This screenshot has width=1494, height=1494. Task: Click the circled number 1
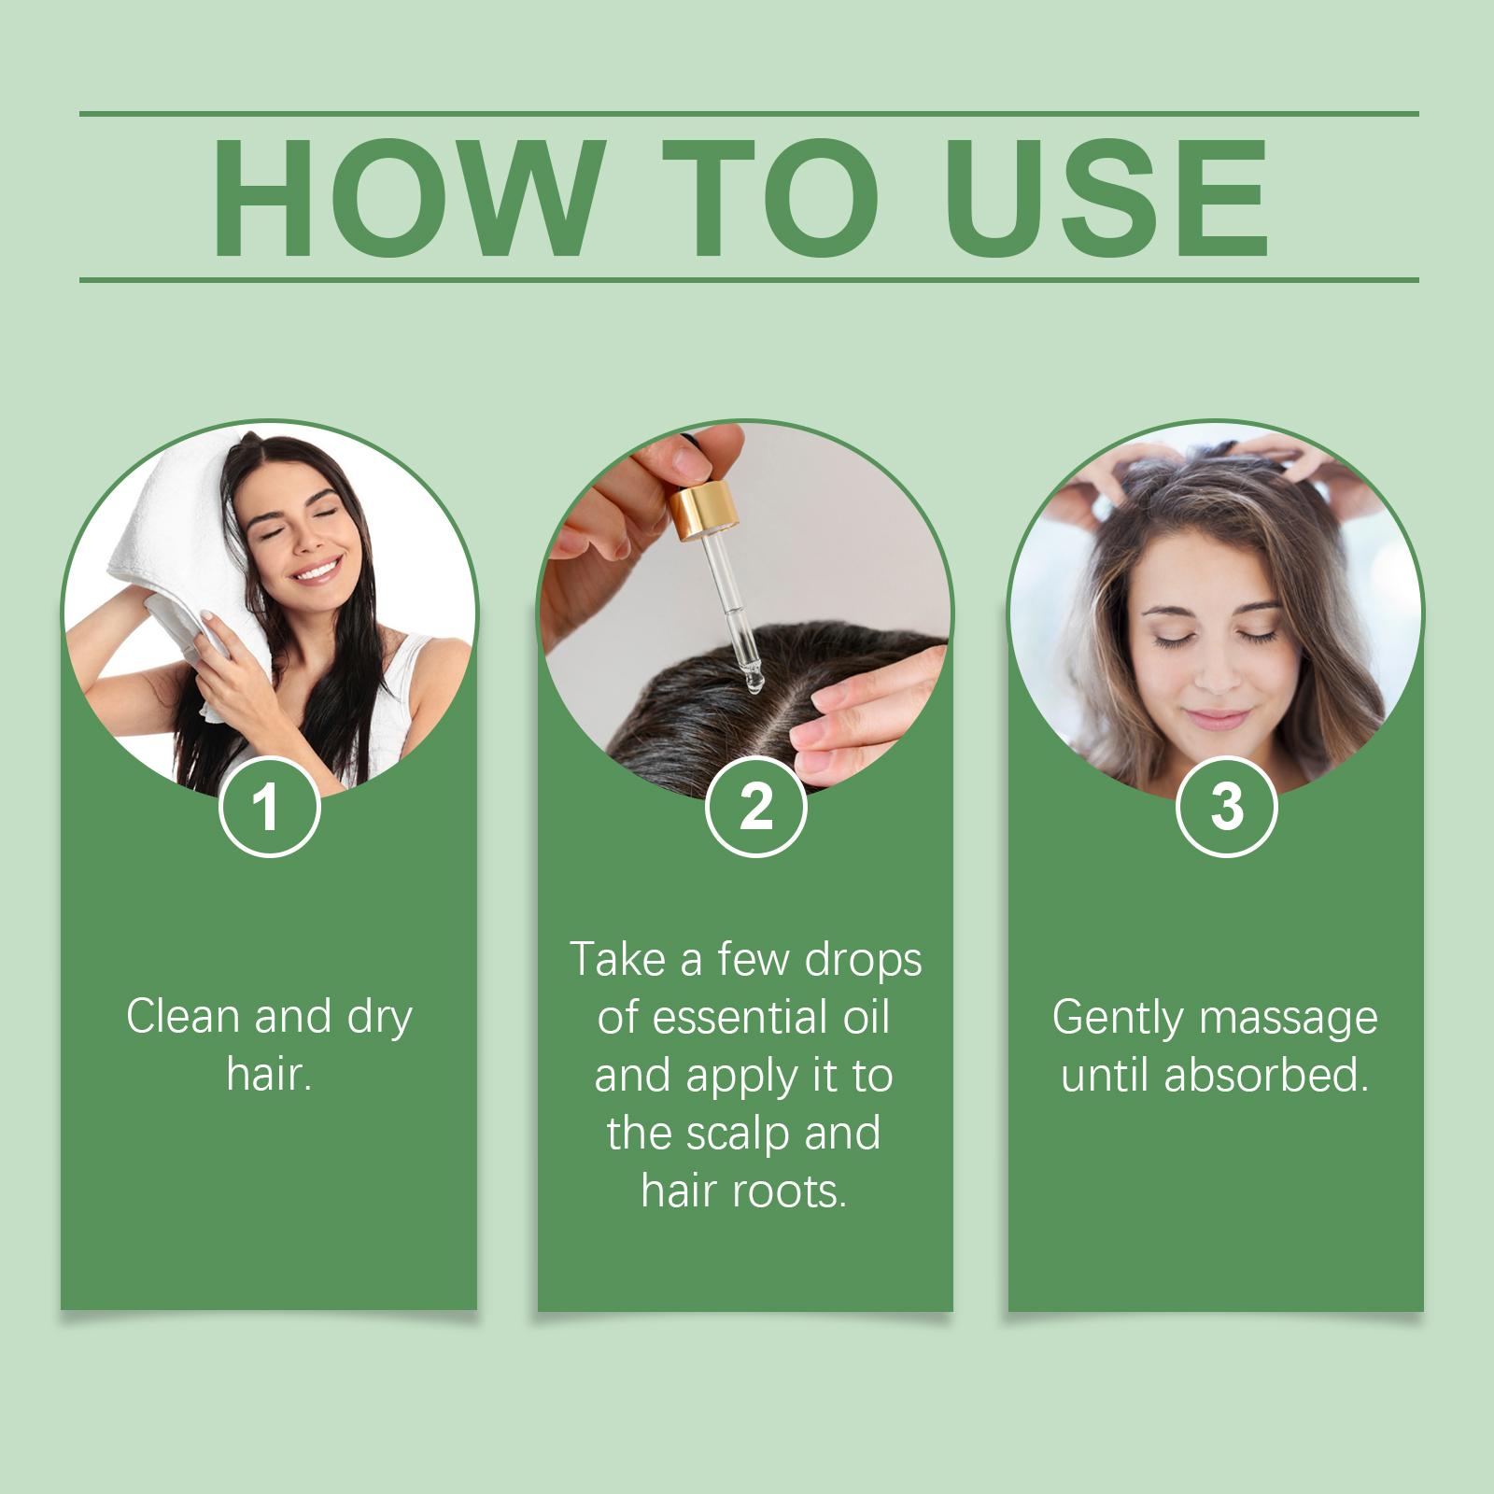coord(269,808)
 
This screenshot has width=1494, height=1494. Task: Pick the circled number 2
coord(755,808)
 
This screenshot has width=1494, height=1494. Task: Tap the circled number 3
coord(1226,808)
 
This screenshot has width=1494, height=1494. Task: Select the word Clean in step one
coord(184,1017)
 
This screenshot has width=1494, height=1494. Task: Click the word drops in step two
coord(864,959)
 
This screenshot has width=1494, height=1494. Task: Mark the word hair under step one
coord(268,1076)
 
